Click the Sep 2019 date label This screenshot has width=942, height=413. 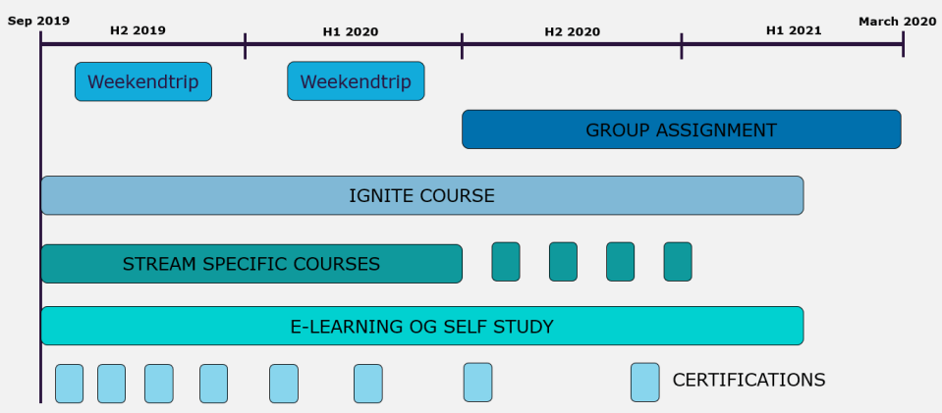click(x=39, y=21)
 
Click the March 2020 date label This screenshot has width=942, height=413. click(x=897, y=21)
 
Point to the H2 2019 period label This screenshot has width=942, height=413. click(x=138, y=30)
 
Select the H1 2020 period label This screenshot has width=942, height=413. click(x=350, y=31)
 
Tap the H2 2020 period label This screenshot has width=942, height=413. click(x=572, y=31)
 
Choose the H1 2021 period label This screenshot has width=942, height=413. click(x=794, y=30)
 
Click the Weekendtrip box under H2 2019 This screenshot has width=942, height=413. click(x=143, y=81)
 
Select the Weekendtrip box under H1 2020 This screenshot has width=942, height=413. click(x=356, y=81)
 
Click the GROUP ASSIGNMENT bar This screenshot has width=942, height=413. click(x=681, y=129)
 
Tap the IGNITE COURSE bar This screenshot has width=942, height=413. click(x=421, y=195)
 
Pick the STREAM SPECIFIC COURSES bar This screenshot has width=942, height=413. click(x=250, y=263)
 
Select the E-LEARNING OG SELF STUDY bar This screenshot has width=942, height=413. click(x=421, y=326)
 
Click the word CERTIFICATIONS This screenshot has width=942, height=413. click(x=748, y=380)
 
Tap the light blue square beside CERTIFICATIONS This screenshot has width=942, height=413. click(x=644, y=383)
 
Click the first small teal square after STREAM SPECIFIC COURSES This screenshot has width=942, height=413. click(x=506, y=262)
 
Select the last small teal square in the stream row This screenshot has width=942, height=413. click(x=678, y=262)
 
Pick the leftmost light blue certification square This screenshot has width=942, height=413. click(x=69, y=384)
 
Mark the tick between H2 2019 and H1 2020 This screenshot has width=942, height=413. click(x=245, y=44)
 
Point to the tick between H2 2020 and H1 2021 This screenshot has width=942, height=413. click(x=681, y=44)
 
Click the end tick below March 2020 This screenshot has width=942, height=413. click(x=903, y=44)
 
